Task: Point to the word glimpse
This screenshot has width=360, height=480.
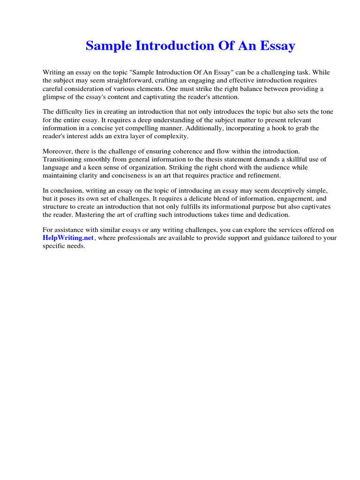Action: tap(54, 97)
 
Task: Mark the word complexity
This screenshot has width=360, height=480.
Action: tap(171, 136)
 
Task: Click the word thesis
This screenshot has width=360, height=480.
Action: tap(207, 159)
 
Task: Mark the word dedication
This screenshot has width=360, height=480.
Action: tap(273, 215)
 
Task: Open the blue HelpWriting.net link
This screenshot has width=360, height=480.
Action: tap(68, 238)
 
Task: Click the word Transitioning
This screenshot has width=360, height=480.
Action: tap(64, 159)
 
